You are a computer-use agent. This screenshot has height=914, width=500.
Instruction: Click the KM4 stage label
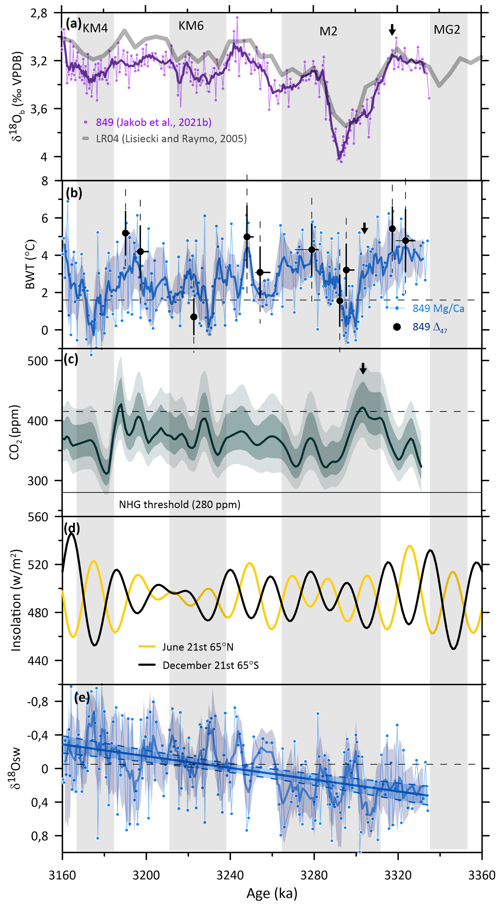pyautogui.click(x=95, y=28)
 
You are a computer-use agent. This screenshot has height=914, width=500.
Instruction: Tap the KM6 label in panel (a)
pyautogui.click(x=191, y=26)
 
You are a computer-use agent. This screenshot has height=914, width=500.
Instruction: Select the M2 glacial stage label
pyautogui.click(x=328, y=31)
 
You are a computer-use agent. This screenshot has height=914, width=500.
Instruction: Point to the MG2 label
pyautogui.click(x=447, y=30)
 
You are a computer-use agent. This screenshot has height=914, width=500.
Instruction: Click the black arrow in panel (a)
pyautogui.click(x=392, y=30)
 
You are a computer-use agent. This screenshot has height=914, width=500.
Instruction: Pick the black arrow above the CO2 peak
pyautogui.click(x=363, y=368)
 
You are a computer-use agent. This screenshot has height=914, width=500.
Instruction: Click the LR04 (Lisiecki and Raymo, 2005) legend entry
pyautogui.click(x=171, y=138)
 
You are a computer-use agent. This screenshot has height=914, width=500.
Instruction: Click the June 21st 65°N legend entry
pyautogui.click(x=198, y=647)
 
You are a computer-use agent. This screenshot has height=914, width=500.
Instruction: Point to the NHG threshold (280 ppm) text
pyautogui.click(x=179, y=504)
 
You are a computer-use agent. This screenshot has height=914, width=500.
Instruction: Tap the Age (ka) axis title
pyautogui.click(x=272, y=893)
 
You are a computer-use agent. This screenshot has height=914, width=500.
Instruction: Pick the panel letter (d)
pyautogui.click(x=72, y=528)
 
